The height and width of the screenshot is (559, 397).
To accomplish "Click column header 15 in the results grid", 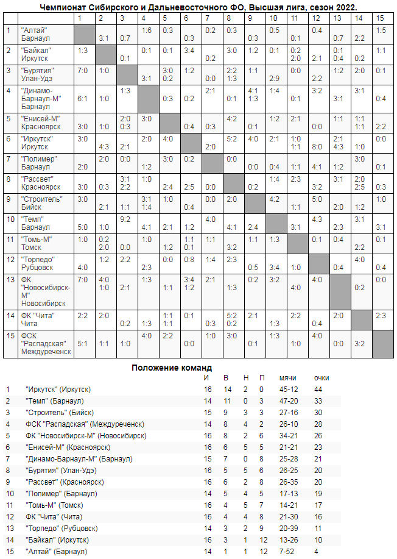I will [380, 18].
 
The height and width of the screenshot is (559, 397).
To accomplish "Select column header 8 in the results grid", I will [231, 18].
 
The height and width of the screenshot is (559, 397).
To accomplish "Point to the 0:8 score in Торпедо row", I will [189, 258].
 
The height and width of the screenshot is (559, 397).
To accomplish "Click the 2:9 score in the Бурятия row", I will [274, 78].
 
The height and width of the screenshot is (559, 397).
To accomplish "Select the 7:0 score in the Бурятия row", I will [83, 71].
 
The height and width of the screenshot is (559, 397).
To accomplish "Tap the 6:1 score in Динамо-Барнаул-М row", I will [83, 98].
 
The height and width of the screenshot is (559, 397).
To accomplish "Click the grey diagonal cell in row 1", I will [83, 34].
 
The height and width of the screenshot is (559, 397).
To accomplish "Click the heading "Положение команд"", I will [172, 368].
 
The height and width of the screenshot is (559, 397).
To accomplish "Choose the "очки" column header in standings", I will [321, 378].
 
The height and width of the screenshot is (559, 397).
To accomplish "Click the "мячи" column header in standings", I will [287, 378].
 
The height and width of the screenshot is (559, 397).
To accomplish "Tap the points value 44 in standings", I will [318, 389].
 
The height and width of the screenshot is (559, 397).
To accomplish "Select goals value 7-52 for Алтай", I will [286, 552].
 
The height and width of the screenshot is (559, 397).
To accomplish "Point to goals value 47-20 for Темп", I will [288, 401].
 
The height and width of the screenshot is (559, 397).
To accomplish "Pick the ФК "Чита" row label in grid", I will [38, 319].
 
